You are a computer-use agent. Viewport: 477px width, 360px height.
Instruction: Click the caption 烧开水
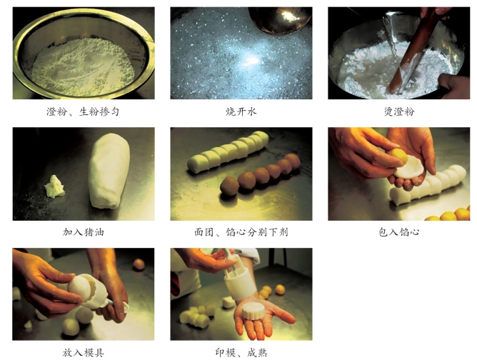click(241, 111)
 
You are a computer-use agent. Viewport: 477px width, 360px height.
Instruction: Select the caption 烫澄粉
click(399, 111)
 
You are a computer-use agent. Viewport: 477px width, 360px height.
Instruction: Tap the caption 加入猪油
click(84, 232)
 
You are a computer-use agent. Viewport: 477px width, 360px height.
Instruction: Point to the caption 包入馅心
click(399, 232)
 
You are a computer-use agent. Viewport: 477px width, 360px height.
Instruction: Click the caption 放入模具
click(84, 353)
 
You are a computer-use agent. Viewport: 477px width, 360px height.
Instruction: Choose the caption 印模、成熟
click(241, 353)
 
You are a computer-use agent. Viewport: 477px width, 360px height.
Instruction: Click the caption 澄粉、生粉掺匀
click(83, 111)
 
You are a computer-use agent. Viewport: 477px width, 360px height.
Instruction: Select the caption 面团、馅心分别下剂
click(241, 232)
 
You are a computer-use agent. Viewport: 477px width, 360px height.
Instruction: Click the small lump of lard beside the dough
click(54, 186)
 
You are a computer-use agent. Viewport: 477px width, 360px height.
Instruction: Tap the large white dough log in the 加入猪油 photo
click(109, 171)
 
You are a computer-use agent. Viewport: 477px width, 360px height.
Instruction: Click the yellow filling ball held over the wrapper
click(399, 156)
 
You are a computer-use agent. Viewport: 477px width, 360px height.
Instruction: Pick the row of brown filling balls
click(260, 174)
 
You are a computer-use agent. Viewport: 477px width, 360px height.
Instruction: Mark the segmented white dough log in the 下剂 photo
click(229, 151)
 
